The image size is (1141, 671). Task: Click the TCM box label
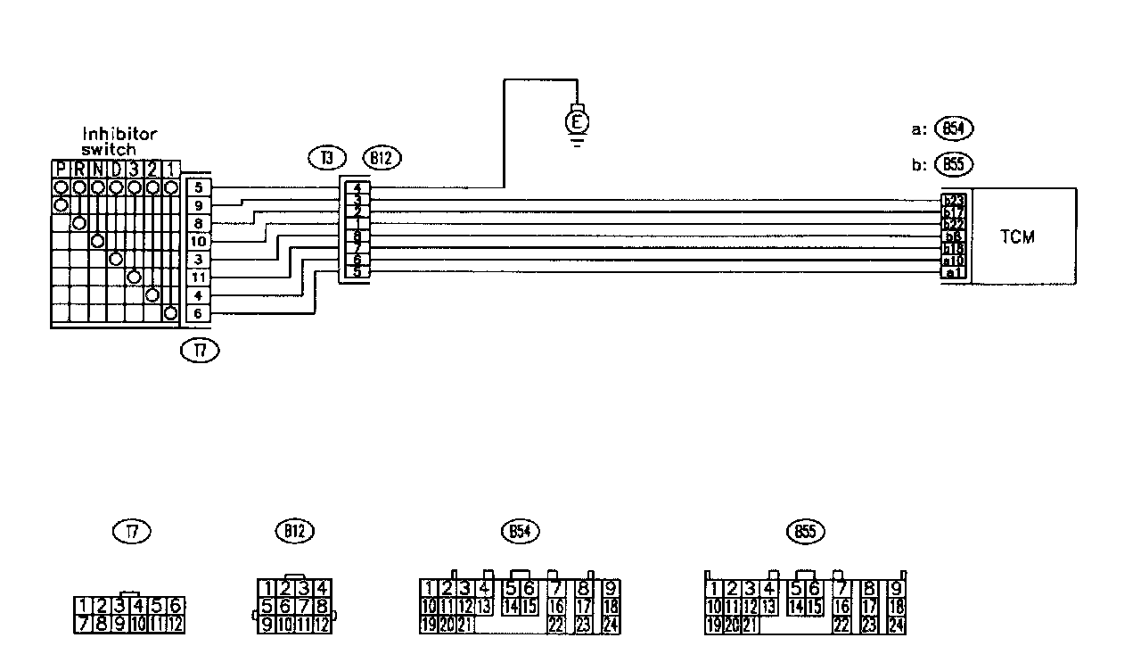[1017, 237]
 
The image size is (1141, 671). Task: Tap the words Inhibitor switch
[119, 142]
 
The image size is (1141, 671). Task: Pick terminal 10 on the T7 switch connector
[198, 241]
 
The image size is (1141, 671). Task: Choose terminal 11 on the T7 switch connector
[198, 277]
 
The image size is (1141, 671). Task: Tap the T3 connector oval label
[327, 159]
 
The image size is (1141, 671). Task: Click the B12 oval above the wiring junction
[382, 159]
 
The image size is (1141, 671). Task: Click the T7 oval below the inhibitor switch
[200, 351]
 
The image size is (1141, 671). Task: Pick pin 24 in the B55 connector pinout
[897, 625]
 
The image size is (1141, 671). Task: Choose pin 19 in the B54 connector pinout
[428, 625]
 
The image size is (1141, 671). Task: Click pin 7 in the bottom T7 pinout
[82, 623]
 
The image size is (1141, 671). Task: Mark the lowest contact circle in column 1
[170, 313]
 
